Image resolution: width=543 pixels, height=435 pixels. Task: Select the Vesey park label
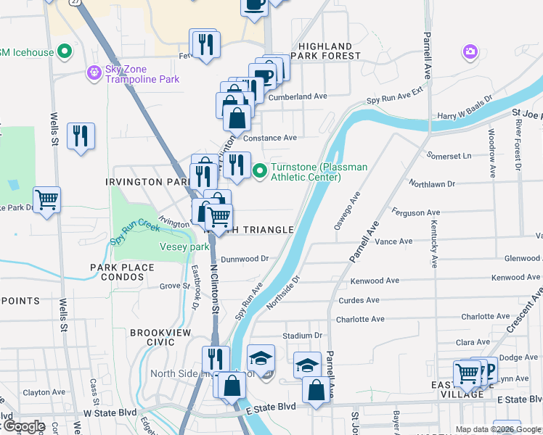point(184,247)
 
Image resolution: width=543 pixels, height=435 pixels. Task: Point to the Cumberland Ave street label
point(298,96)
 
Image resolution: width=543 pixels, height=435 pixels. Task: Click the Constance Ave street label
point(270,138)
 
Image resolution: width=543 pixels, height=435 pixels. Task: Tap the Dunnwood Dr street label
point(245,258)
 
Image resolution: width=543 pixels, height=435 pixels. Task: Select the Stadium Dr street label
point(302,336)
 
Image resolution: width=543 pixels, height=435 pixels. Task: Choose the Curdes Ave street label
point(359,300)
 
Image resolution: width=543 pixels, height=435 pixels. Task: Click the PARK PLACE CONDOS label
point(122,273)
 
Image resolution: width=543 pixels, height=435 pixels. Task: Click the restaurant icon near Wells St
point(80,136)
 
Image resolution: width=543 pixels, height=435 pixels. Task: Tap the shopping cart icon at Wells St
point(46,199)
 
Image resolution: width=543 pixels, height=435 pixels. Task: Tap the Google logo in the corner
point(23,426)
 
